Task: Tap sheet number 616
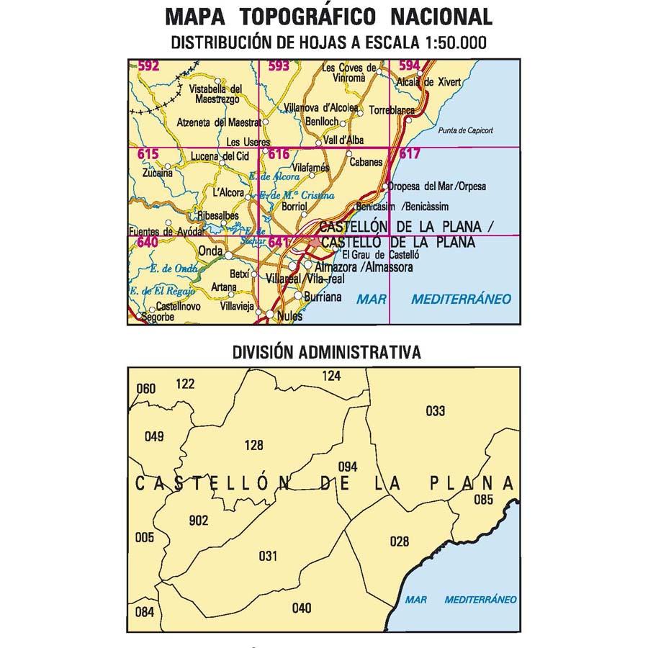tap(279, 153)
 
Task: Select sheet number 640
tap(147, 243)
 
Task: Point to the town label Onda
tap(210, 251)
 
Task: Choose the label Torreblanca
tap(392, 111)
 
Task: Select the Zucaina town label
tap(158, 173)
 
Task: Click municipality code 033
tap(436, 411)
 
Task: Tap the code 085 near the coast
tap(483, 500)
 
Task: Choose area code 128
tap(254, 445)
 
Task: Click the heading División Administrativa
tap(326, 352)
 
